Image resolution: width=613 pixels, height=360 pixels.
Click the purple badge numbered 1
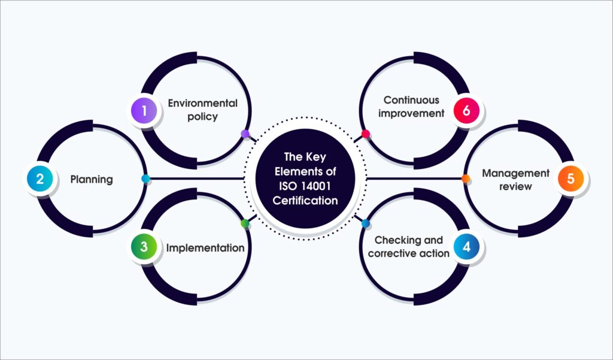(x=144, y=111)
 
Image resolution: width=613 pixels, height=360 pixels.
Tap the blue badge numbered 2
(x=40, y=179)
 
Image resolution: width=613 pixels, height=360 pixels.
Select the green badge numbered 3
(x=144, y=247)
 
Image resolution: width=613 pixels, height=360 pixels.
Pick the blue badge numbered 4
(x=467, y=247)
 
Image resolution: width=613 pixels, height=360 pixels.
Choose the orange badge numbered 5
(x=570, y=179)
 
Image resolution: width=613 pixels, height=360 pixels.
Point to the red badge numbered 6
(x=467, y=111)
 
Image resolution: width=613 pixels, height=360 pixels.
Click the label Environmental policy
(x=202, y=110)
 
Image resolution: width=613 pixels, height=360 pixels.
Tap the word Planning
(x=92, y=180)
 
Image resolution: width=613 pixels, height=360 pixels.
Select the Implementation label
(x=205, y=248)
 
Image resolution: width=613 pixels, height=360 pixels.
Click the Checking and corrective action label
(x=408, y=247)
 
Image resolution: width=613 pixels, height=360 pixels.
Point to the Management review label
(x=515, y=180)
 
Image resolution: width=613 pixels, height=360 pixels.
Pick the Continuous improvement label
(x=411, y=107)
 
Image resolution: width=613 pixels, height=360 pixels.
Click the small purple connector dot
(x=245, y=134)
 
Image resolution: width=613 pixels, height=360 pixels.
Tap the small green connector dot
(x=245, y=224)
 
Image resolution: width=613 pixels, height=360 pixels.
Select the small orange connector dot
(x=466, y=179)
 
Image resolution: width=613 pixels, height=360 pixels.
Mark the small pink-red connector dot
(x=366, y=134)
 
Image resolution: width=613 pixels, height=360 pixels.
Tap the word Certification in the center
(x=305, y=201)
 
